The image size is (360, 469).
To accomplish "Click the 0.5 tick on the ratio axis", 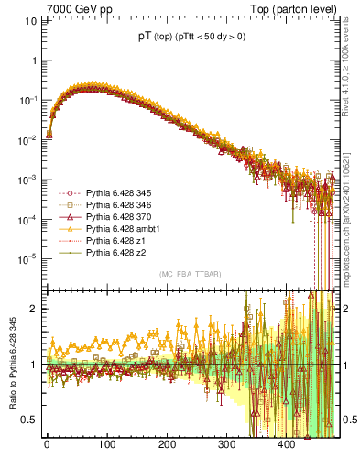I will coord(26,420).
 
